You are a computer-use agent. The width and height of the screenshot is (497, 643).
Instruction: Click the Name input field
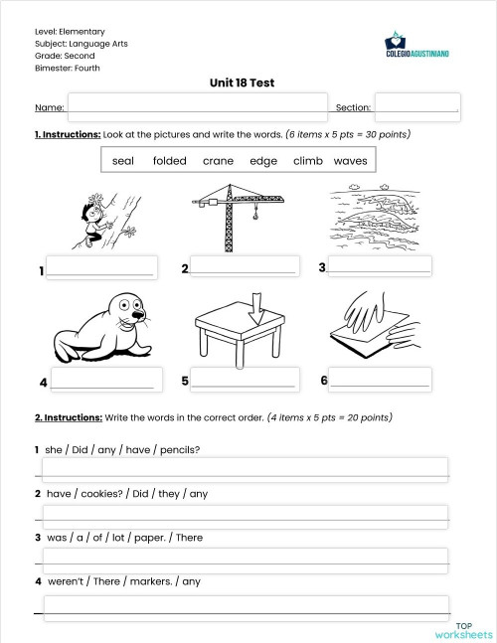coord(197,106)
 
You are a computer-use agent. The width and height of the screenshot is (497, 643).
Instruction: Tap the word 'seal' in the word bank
coord(123,160)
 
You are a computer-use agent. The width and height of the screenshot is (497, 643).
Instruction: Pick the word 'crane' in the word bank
coord(218,160)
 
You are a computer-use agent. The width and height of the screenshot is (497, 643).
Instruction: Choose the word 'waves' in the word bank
coord(350,160)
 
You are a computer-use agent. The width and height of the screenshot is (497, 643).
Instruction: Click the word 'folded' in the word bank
coord(170,160)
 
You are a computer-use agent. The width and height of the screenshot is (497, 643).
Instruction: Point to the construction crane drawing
coord(237,218)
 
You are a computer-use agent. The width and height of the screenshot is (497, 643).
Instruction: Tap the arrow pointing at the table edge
coord(254,305)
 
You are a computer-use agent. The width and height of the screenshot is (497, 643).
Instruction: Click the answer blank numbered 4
coord(102,381)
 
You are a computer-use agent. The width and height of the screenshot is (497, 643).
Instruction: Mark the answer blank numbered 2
coord(243,267)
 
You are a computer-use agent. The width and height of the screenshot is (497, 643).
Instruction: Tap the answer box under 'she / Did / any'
coord(244,468)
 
